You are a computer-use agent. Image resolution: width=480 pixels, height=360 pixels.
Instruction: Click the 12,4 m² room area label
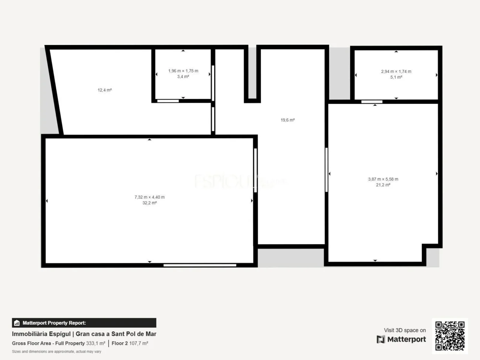(104, 90)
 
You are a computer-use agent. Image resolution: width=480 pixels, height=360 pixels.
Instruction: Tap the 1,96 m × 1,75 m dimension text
(183, 71)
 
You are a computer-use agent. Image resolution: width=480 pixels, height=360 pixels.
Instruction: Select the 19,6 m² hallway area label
(288, 120)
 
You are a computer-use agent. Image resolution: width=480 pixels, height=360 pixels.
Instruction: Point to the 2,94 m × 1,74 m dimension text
(396, 72)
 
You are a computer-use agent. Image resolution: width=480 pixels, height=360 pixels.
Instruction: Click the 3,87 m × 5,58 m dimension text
(383, 179)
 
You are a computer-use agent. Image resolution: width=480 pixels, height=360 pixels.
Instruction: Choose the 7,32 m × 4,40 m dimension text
(150, 197)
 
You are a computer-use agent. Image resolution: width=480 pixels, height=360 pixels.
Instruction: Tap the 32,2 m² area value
(150, 203)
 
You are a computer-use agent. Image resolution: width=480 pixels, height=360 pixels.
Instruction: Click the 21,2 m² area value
(383, 185)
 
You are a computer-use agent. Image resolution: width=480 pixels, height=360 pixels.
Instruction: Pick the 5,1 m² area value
(396, 77)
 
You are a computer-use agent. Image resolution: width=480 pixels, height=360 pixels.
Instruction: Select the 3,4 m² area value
(183, 77)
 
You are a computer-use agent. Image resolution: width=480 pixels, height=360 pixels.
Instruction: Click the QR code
(450, 336)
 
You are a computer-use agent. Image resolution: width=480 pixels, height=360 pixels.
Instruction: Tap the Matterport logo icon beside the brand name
(381, 339)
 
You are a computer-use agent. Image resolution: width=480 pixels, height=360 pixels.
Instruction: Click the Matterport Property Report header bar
(84, 323)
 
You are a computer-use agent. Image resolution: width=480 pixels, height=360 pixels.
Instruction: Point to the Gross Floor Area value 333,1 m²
(96, 343)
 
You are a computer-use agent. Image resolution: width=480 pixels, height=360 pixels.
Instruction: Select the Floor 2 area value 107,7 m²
(138, 343)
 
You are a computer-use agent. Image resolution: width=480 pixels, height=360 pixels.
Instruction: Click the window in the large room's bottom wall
(200, 265)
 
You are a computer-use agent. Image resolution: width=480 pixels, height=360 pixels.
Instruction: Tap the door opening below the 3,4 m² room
(168, 101)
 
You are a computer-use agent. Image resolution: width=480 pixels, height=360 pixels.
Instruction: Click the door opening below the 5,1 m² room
(372, 102)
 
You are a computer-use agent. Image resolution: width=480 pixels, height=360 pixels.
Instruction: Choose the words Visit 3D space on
(405, 330)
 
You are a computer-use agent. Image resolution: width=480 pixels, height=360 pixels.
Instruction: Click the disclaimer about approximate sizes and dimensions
(56, 352)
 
